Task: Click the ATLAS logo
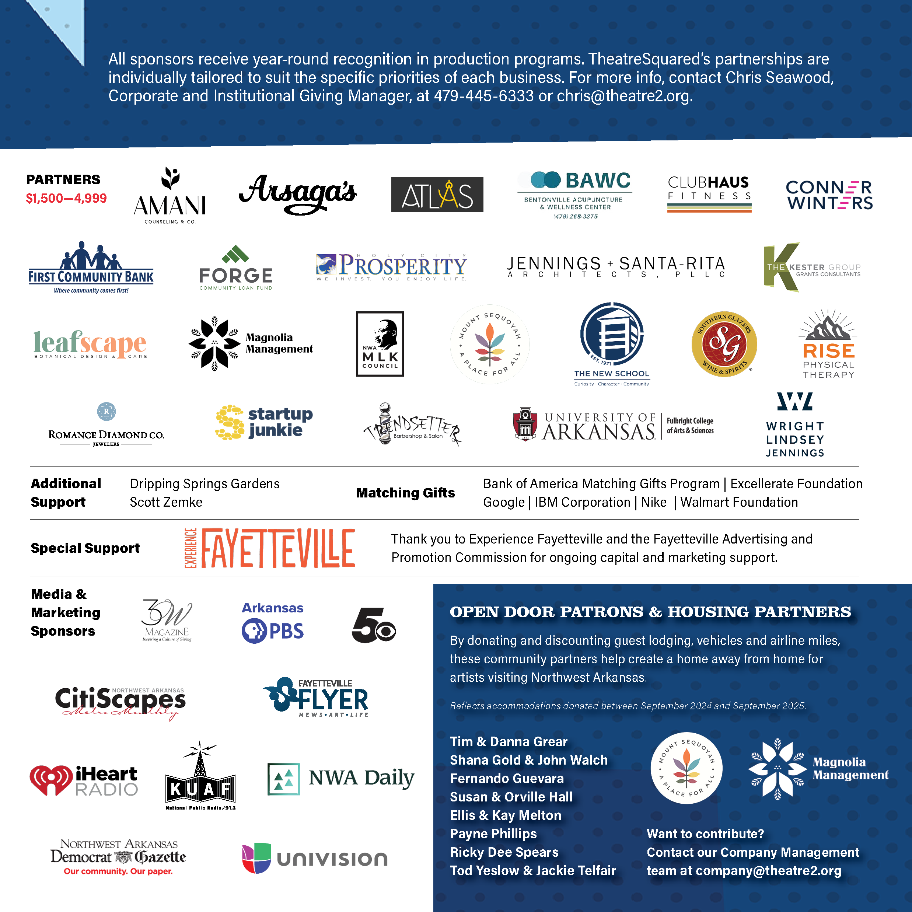pos(437,195)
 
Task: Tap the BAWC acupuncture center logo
pos(575,195)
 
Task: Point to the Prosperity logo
pos(392,266)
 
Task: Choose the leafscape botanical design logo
pos(90,344)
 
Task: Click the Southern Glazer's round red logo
pos(724,344)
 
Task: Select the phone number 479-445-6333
pos(483,96)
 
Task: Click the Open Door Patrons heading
pos(650,612)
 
